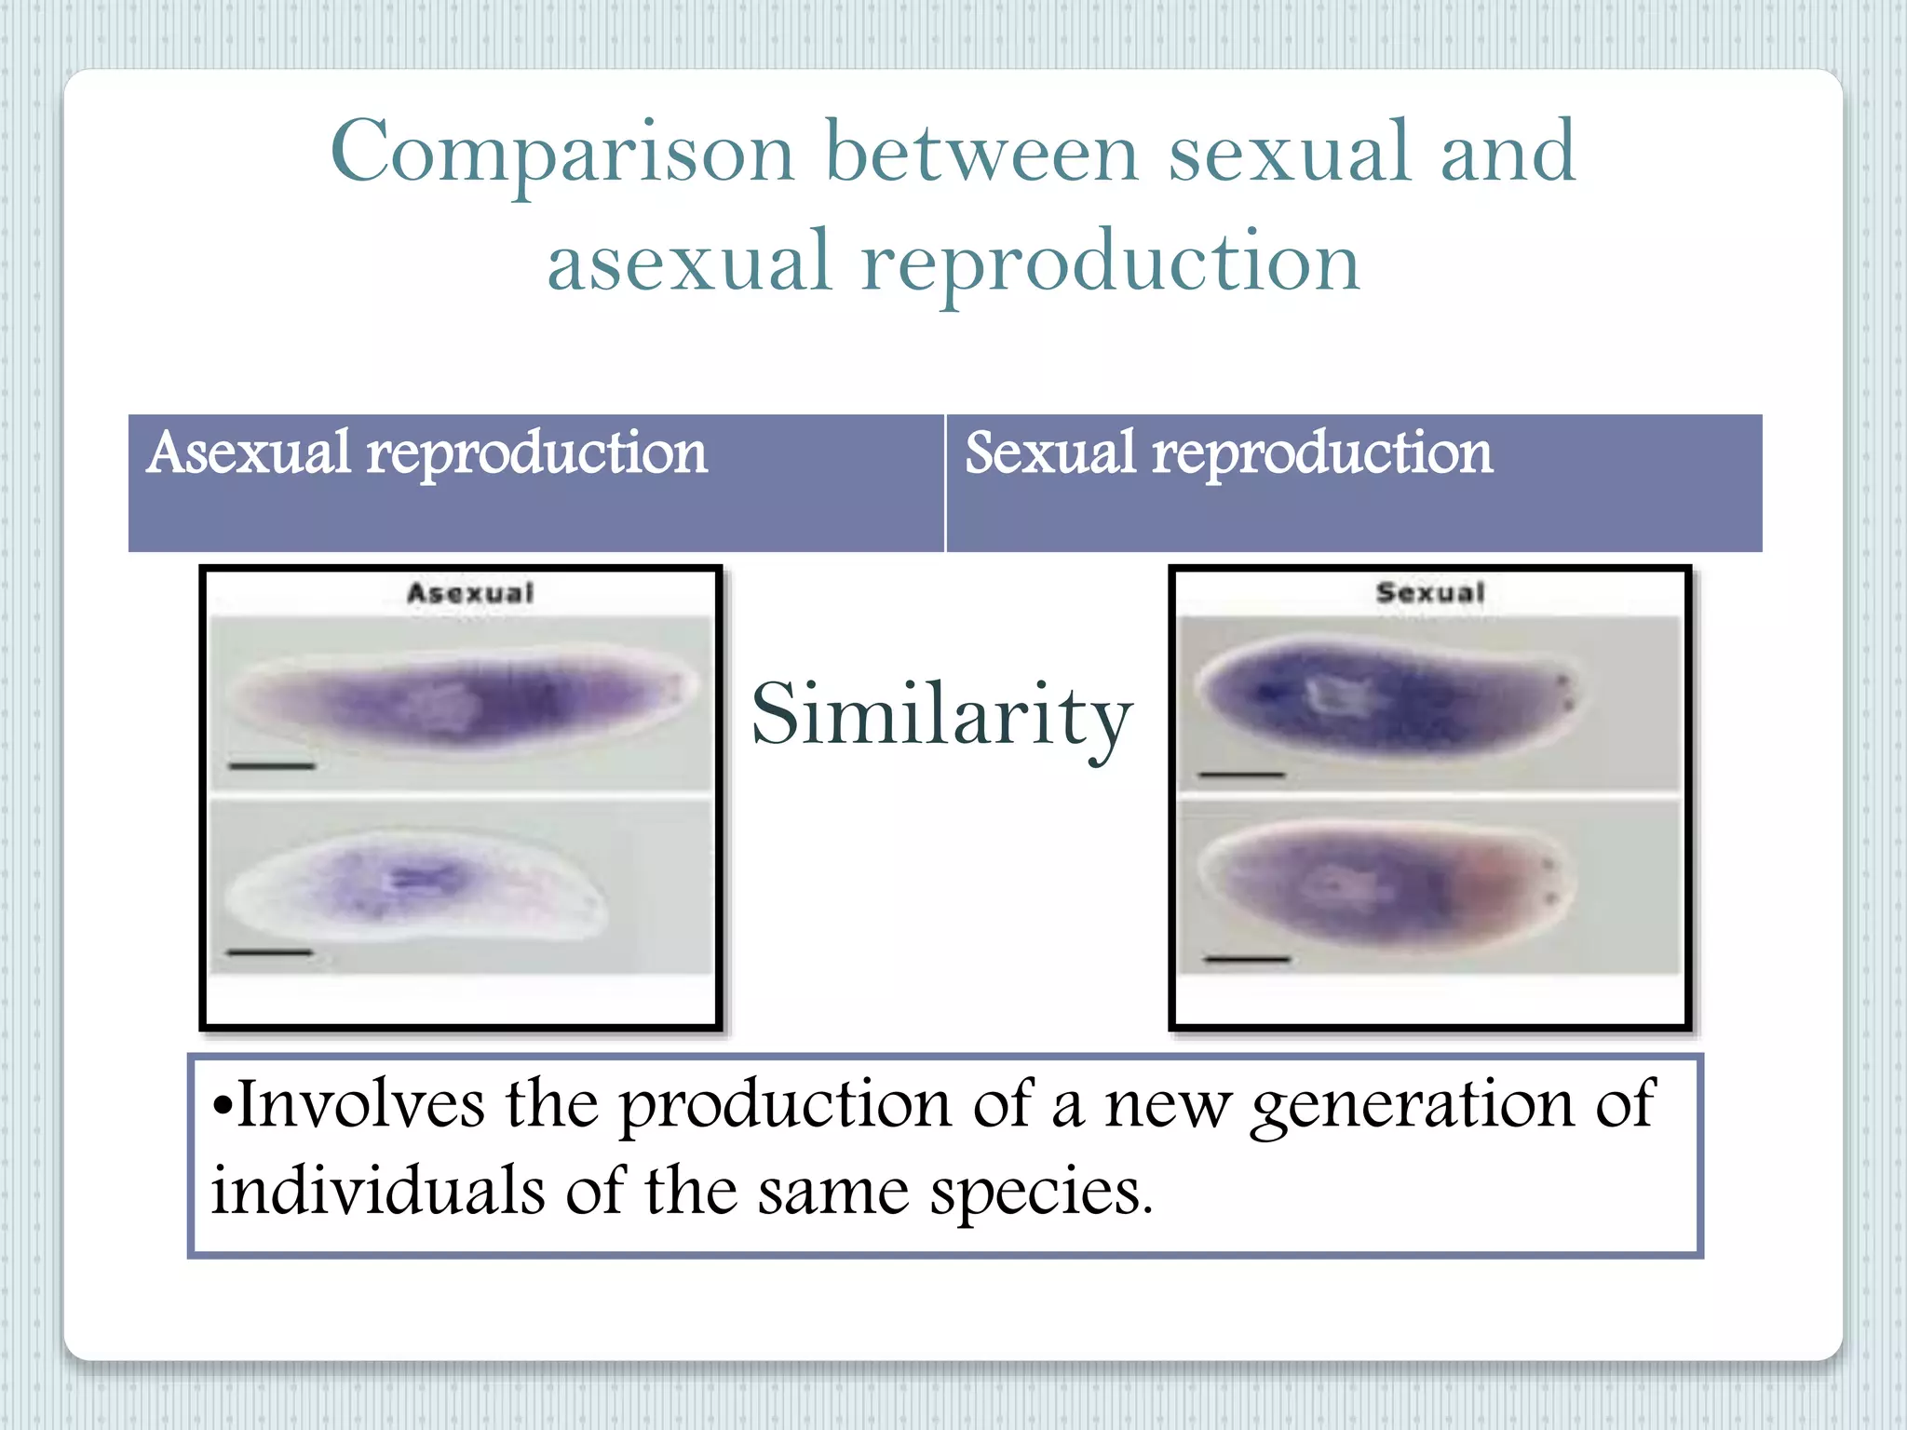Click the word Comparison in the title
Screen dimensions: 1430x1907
(562, 154)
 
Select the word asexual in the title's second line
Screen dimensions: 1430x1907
(688, 263)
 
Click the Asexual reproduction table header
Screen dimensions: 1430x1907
(426, 454)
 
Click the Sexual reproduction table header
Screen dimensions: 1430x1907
(1227, 454)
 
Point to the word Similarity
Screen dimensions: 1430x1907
(941, 715)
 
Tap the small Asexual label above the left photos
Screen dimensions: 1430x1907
(470, 593)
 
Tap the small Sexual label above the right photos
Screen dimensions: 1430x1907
(1430, 593)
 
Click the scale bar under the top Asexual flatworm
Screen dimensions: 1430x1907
(272, 766)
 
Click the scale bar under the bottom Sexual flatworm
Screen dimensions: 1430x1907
(1247, 958)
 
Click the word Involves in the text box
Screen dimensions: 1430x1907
(360, 1105)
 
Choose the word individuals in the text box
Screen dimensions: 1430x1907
(377, 1192)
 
